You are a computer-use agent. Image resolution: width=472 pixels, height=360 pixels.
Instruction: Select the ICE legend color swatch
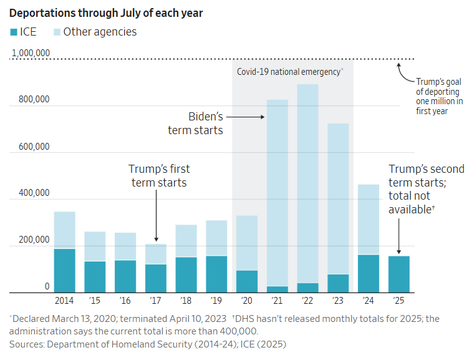[14, 32]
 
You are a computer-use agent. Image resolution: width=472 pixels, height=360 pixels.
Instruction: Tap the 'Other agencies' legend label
[100, 32]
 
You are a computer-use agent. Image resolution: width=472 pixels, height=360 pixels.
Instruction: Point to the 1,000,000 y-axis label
[31, 53]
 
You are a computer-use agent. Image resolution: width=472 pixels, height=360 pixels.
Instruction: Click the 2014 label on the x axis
[64, 301]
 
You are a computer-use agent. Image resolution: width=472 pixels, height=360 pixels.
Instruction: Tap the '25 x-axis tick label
[398, 301]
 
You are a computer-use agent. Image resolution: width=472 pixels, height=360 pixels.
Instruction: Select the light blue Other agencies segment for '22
[308, 181]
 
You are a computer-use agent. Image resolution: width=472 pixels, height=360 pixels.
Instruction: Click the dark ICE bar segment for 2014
[64, 270]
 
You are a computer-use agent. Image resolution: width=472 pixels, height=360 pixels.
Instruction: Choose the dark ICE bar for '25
[398, 274]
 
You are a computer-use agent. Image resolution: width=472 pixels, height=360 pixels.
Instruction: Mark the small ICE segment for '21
[277, 289]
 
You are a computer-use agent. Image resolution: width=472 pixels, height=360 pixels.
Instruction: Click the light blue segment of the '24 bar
[368, 219]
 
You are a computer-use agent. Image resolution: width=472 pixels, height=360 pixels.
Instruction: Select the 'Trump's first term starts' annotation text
[158, 175]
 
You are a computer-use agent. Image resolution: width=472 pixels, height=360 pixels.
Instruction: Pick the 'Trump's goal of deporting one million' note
[440, 96]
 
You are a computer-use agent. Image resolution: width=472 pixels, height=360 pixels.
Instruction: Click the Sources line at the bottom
[147, 344]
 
